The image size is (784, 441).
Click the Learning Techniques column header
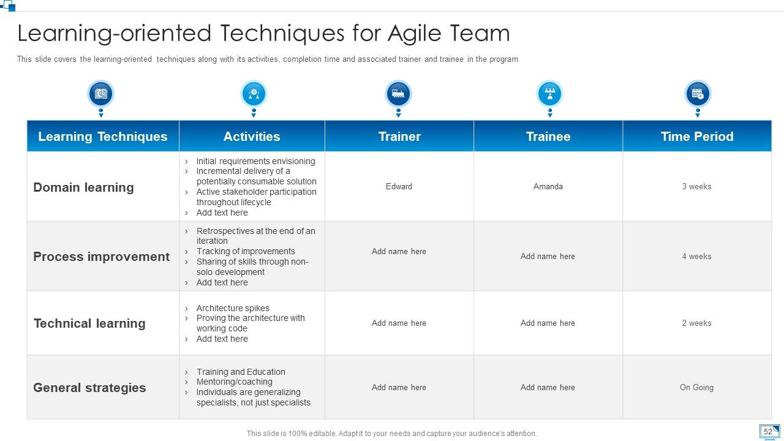102,137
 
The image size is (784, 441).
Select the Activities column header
252,137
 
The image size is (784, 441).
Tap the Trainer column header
399,137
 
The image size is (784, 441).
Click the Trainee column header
548,137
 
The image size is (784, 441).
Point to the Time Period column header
697,137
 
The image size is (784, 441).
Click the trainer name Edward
399,186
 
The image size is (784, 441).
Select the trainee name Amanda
548,186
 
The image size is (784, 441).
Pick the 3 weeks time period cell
696,186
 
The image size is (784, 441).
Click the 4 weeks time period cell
696,256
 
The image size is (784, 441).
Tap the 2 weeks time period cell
696,323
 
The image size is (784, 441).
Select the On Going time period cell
696,387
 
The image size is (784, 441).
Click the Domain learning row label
83,187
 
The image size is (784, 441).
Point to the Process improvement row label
101,257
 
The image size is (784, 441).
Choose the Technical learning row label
89,323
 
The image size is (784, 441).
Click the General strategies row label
89,388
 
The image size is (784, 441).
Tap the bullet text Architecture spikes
233,308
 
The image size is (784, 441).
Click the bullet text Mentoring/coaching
234,382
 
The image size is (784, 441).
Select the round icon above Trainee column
549,94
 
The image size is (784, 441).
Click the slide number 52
767,431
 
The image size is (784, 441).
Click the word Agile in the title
413,33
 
